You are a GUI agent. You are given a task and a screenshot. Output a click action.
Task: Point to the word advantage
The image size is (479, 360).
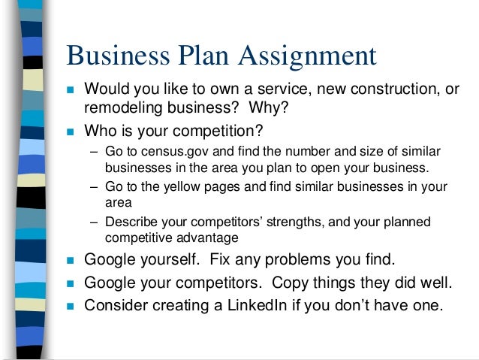coord(204,237)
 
